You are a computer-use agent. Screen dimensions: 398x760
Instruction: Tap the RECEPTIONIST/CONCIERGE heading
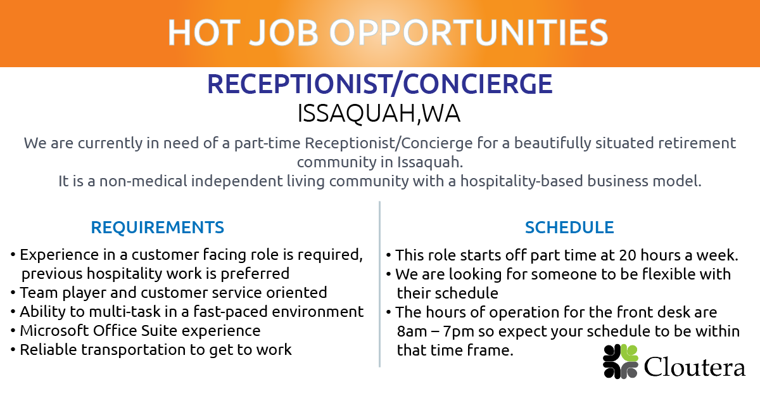click(x=380, y=84)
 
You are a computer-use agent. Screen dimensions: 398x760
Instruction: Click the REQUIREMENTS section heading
click(x=158, y=228)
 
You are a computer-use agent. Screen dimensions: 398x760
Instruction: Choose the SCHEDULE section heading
click(x=569, y=228)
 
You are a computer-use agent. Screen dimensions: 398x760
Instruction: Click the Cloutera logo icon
click(x=620, y=362)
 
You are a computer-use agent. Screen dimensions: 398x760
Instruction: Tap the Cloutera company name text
click(x=695, y=366)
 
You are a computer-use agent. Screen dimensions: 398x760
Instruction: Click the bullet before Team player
click(x=13, y=293)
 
